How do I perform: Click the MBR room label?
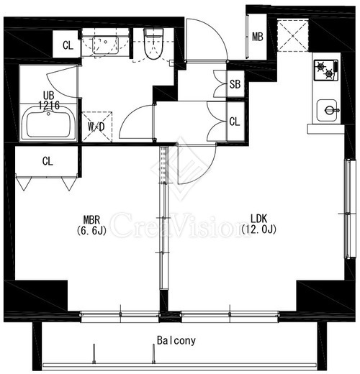tap(91, 219)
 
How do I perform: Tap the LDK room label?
tap(258, 219)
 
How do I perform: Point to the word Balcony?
tap(176, 340)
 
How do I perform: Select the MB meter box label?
tap(258, 37)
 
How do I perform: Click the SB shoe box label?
tap(235, 84)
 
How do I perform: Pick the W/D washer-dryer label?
tap(96, 127)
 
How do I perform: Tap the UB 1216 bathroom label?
tap(49, 101)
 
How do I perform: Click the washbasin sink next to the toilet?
tap(105, 45)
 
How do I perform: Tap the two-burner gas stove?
tap(326, 70)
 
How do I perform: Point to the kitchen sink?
tap(327, 110)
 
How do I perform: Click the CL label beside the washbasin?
tap(68, 45)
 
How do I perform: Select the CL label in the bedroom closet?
tap(48, 161)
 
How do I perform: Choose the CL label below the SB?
tap(235, 122)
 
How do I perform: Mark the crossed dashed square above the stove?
tap(293, 36)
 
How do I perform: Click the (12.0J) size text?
tap(258, 229)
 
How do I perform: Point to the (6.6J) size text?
tap(91, 230)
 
